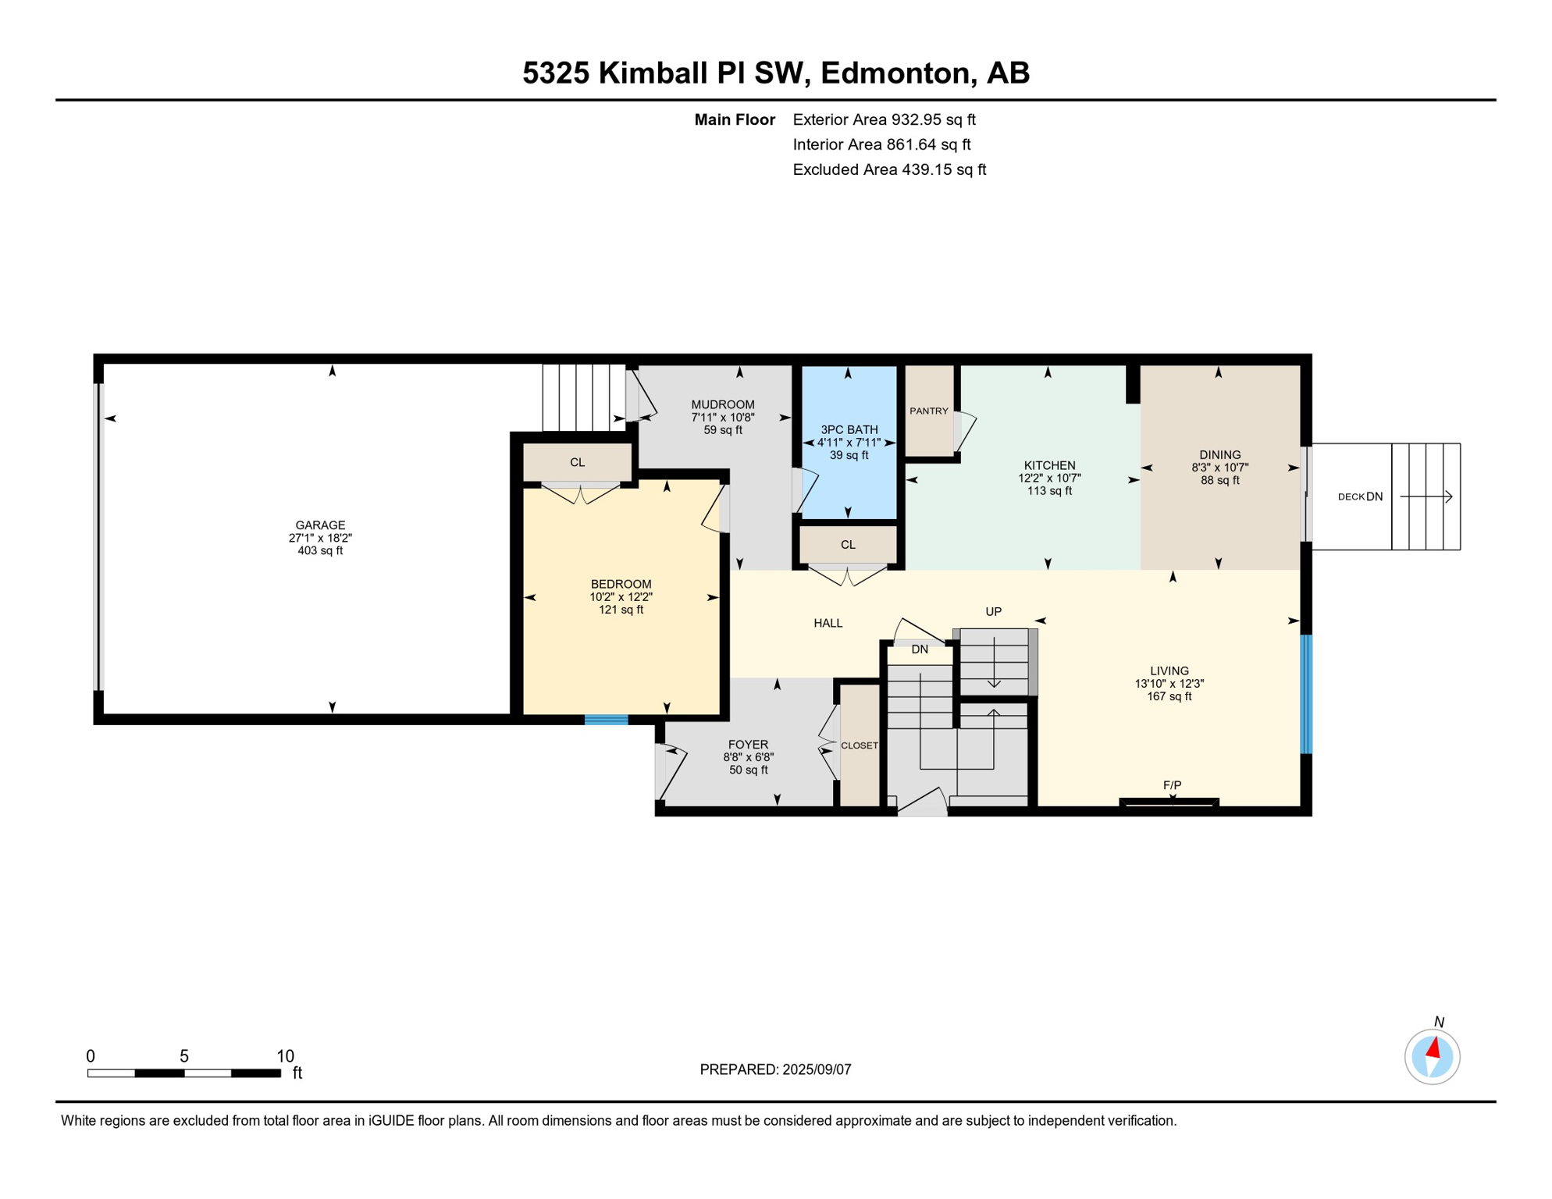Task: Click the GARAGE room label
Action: pos(320,525)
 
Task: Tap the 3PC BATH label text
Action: pos(849,429)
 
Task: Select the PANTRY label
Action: pos(928,411)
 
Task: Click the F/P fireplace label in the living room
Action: pos(1172,785)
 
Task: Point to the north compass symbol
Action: pos(1432,1057)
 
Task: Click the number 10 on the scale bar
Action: pos(285,1056)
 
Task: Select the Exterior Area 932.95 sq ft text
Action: pos(884,119)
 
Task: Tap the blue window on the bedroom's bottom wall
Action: pos(606,720)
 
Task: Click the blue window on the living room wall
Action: pos(1305,694)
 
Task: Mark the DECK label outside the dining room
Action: pos(1351,496)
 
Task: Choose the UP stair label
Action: pos(993,611)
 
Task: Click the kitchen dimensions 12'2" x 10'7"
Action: pos(1048,478)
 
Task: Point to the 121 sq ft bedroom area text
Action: pos(621,610)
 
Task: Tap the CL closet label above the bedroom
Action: pos(577,462)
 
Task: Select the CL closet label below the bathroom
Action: pos(848,545)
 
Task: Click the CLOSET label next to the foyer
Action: pos(859,745)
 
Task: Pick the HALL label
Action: pos(828,623)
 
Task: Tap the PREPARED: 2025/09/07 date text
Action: pos(775,1069)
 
